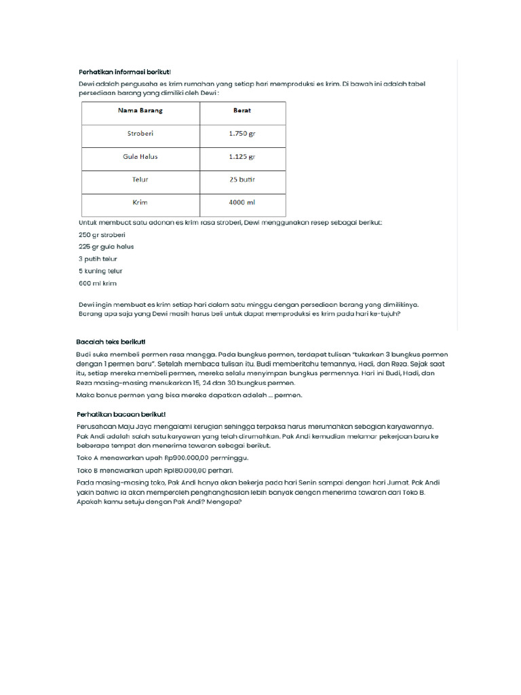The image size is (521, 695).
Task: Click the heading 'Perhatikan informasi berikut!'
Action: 124,71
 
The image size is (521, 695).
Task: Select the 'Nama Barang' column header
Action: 140,111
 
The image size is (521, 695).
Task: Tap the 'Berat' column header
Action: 242,111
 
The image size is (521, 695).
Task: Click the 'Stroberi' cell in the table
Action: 140,134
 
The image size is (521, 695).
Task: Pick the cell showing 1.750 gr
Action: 242,134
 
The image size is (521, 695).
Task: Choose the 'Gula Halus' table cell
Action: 140,157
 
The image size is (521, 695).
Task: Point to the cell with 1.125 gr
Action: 242,157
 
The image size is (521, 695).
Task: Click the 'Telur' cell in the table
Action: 140,180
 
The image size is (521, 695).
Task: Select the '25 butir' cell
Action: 242,180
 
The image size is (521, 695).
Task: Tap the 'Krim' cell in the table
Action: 140,202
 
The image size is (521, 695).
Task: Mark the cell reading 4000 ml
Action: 242,202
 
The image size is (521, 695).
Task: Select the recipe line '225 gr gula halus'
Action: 107,246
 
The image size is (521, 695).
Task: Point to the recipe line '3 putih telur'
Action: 98,259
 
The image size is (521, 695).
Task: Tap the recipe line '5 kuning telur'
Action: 100,271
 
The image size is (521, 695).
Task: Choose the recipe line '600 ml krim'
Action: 98,283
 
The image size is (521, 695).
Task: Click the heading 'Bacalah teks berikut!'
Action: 111,341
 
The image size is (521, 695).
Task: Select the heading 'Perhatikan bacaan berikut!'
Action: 121,414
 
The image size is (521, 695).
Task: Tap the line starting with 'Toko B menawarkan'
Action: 155,470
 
